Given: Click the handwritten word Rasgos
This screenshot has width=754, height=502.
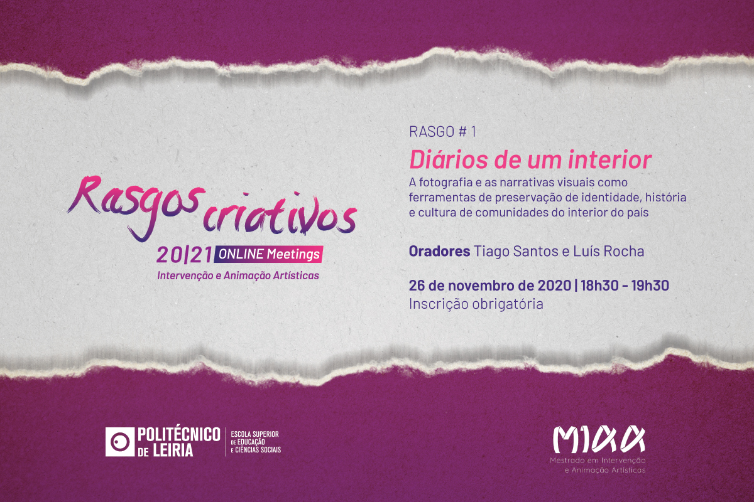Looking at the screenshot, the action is pos(136,207).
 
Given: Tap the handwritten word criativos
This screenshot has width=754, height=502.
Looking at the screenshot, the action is pos(280,213).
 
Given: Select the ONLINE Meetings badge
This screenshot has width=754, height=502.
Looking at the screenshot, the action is pos(268,255).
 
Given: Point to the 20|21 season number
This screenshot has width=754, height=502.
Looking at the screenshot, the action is pos(184,255).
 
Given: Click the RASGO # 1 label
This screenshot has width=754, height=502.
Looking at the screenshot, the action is pos(442,132).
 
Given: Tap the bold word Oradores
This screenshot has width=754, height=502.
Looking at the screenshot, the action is pos(439,251).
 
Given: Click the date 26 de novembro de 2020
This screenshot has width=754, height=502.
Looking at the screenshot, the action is pos(489,286).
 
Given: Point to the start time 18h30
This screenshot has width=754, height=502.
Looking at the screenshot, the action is pos(599,286).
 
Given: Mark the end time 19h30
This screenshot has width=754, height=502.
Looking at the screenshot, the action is pos(650,286).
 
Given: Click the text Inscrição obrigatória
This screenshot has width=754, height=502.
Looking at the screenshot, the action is pos(476,304).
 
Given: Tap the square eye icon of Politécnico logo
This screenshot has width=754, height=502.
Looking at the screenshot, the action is pos(120,442).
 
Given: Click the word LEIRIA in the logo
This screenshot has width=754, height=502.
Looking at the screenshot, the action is pos(173,450).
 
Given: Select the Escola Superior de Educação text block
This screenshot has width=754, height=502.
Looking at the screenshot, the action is pos(256,442).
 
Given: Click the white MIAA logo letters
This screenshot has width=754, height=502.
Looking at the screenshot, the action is pos(599,439).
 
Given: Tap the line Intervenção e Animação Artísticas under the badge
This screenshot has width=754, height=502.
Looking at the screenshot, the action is pos(238,275).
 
